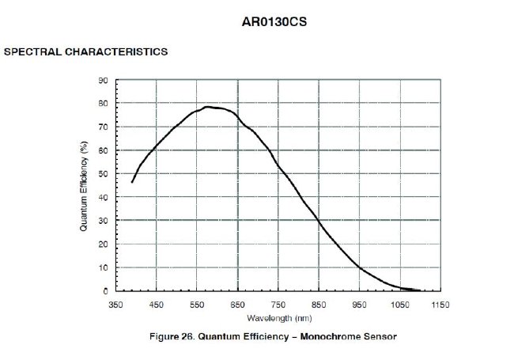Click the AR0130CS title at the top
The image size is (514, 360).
pos(273,21)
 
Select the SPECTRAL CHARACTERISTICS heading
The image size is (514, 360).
pos(85,52)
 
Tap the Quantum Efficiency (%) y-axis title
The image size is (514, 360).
pos(83,185)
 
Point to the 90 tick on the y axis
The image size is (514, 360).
pos(103,81)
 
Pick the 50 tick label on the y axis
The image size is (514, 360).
pos(103,174)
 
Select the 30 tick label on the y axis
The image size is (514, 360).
pos(103,221)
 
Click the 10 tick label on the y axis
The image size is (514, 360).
pos(103,267)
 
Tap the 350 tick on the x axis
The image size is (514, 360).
pos(116,304)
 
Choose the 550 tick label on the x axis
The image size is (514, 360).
pos(197,304)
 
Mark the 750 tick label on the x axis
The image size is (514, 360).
pos(278,304)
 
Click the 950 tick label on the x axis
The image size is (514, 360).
pos(359,304)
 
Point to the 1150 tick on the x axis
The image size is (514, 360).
pos(440,304)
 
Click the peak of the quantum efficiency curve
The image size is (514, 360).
pos(209,107)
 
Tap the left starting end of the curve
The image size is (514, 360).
pos(132,182)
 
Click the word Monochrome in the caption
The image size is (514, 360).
pos(331,336)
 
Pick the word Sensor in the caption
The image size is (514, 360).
pos(378,336)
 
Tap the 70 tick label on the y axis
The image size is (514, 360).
pos(103,127)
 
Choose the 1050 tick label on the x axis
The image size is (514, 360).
pos(399,304)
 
